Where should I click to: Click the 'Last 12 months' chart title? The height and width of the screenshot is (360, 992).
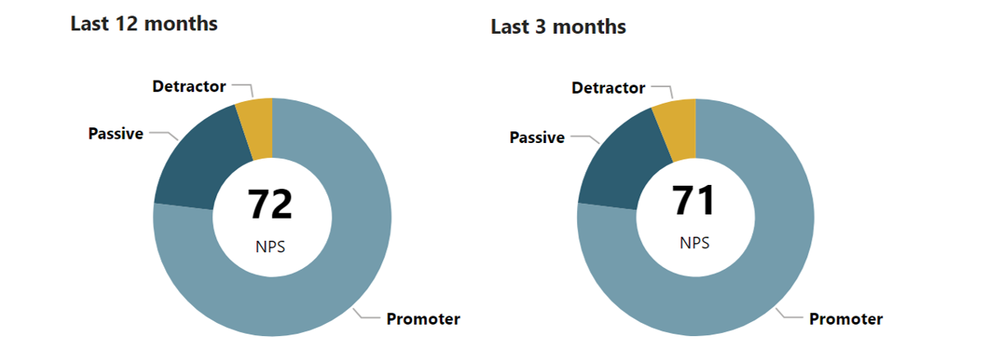pyautogui.click(x=144, y=24)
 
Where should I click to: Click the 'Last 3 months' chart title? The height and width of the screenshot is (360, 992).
pyautogui.click(x=558, y=27)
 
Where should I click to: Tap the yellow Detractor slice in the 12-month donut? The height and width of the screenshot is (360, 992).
pyautogui.click(x=258, y=127)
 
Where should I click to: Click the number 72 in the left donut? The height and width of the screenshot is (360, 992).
pyautogui.click(x=270, y=204)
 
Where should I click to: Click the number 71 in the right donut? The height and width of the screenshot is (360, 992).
pyautogui.click(x=693, y=201)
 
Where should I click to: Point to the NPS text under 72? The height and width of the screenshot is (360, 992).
pyautogui.click(x=270, y=247)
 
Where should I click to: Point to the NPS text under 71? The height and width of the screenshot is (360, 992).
pyautogui.click(x=694, y=242)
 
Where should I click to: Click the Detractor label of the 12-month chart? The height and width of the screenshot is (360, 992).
pyautogui.click(x=189, y=86)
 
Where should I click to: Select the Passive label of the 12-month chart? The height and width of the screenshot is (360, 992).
pyautogui.click(x=116, y=134)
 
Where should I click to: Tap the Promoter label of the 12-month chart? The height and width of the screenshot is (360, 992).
pyautogui.click(x=423, y=319)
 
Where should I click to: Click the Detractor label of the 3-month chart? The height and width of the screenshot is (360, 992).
pyautogui.click(x=608, y=88)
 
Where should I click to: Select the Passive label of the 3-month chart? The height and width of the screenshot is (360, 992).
pyautogui.click(x=537, y=138)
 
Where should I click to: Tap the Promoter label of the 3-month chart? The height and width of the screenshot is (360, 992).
pyautogui.click(x=846, y=319)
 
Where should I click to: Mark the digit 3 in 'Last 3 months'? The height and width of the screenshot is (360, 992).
pyautogui.click(x=540, y=27)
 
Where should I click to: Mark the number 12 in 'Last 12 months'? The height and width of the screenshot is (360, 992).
pyautogui.click(x=127, y=24)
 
